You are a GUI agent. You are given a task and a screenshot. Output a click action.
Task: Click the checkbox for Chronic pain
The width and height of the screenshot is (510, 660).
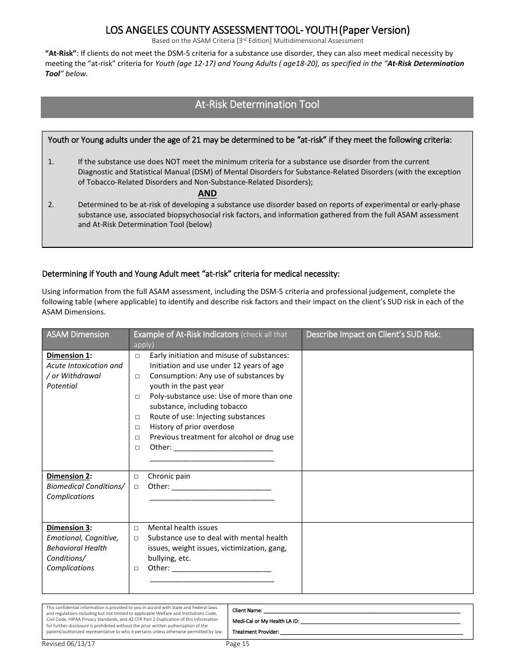point(136,476)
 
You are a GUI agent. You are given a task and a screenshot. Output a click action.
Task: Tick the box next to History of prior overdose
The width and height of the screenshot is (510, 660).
point(137,427)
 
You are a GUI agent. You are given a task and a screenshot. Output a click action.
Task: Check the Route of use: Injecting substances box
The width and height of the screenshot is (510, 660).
point(137,417)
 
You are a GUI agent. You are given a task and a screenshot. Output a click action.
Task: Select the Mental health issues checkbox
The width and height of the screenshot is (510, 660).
point(136,528)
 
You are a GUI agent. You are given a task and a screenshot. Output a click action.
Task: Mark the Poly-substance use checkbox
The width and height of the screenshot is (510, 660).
point(137,397)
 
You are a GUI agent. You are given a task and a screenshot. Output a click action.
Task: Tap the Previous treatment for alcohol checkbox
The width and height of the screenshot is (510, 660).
point(137,437)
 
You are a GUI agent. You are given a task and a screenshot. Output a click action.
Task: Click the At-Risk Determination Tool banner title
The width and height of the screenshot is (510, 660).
point(257,105)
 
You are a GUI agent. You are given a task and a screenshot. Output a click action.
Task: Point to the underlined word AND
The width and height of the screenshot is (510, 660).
point(207,194)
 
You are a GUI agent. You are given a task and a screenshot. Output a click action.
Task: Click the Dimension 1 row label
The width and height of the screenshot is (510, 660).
point(69,355)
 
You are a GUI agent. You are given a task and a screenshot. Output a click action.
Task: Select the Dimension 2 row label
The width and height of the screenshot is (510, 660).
point(69,476)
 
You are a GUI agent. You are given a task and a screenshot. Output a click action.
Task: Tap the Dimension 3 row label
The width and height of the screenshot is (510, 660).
point(69,527)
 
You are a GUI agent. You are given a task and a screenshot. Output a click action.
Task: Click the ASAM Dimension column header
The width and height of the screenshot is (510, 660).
point(77,335)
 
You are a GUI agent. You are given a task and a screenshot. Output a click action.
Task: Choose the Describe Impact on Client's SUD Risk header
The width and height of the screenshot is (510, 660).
point(373,335)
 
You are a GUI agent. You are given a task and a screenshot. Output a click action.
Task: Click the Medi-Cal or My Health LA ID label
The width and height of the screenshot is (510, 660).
point(265,621)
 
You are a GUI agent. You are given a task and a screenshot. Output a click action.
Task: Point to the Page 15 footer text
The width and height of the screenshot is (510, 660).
point(238,644)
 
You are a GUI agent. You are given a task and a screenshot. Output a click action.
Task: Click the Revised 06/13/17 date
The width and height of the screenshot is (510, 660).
point(65,644)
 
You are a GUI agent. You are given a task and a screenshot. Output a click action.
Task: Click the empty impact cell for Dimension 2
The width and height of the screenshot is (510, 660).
point(387,496)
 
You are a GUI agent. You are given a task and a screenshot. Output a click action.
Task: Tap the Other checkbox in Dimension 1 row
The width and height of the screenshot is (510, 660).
point(137,448)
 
